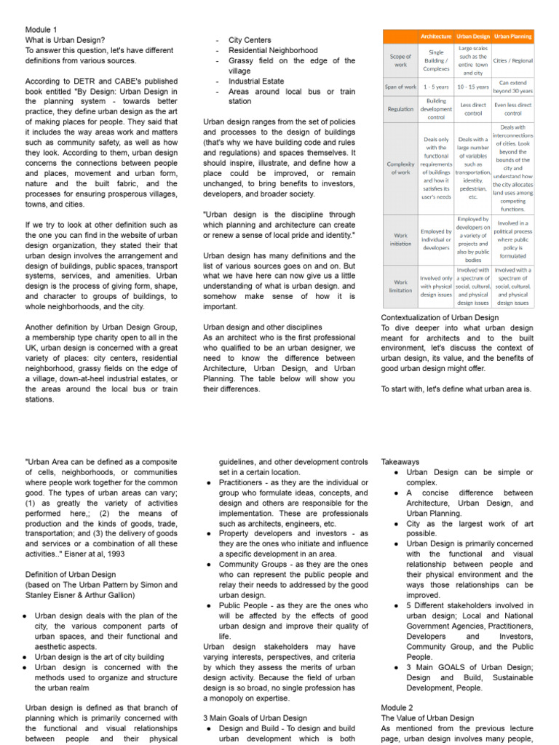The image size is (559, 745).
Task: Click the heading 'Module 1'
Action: pyautogui.click(x=41, y=30)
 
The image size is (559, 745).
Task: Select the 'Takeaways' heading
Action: pyautogui.click(x=400, y=461)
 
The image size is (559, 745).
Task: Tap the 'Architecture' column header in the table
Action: pyautogui.click(x=436, y=35)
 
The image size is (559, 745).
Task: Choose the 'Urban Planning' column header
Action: pyautogui.click(x=513, y=35)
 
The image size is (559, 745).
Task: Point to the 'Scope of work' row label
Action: pyautogui.click(x=401, y=60)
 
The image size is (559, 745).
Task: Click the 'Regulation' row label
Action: pyautogui.click(x=401, y=107)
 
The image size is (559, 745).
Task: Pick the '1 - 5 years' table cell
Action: pyautogui.click(x=436, y=87)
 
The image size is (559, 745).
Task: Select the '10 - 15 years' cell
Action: pyautogui.click(x=473, y=87)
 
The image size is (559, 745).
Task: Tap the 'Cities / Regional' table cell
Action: pyautogui.click(x=513, y=60)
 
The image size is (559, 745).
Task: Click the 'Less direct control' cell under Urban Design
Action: pyautogui.click(x=473, y=108)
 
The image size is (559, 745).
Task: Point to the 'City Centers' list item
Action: pyautogui.click(x=250, y=40)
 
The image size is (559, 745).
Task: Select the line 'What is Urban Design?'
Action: pyautogui.click(x=65, y=40)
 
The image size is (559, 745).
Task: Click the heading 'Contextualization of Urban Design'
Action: pyautogui.click(x=440, y=317)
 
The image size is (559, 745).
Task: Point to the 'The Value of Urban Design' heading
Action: pyautogui.click(x=427, y=718)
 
